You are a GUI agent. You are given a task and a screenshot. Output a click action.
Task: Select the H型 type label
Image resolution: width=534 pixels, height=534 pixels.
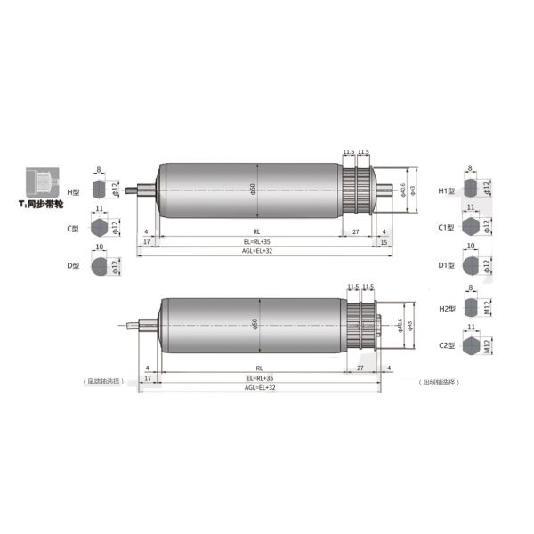(74, 190)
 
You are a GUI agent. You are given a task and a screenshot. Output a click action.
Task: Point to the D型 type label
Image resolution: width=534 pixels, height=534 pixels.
(74, 266)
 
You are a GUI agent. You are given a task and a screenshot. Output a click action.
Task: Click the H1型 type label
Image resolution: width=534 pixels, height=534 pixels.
(446, 190)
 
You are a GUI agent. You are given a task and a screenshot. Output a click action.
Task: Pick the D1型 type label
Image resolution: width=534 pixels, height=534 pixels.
(446, 266)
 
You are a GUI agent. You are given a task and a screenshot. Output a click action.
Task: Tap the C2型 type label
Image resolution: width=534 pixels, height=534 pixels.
(446, 344)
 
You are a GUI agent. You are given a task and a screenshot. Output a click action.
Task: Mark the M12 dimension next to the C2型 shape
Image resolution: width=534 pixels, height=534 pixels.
(488, 344)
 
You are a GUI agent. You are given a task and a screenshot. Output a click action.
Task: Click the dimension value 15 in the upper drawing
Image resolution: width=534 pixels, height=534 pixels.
(384, 241)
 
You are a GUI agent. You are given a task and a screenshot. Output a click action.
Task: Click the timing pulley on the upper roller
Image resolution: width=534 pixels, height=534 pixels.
(358, 190)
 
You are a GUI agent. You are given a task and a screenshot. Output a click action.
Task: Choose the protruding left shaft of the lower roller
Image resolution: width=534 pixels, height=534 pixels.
(140, 327)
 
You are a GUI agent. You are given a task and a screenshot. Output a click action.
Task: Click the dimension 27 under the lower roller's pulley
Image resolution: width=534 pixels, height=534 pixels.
(360, 367)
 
